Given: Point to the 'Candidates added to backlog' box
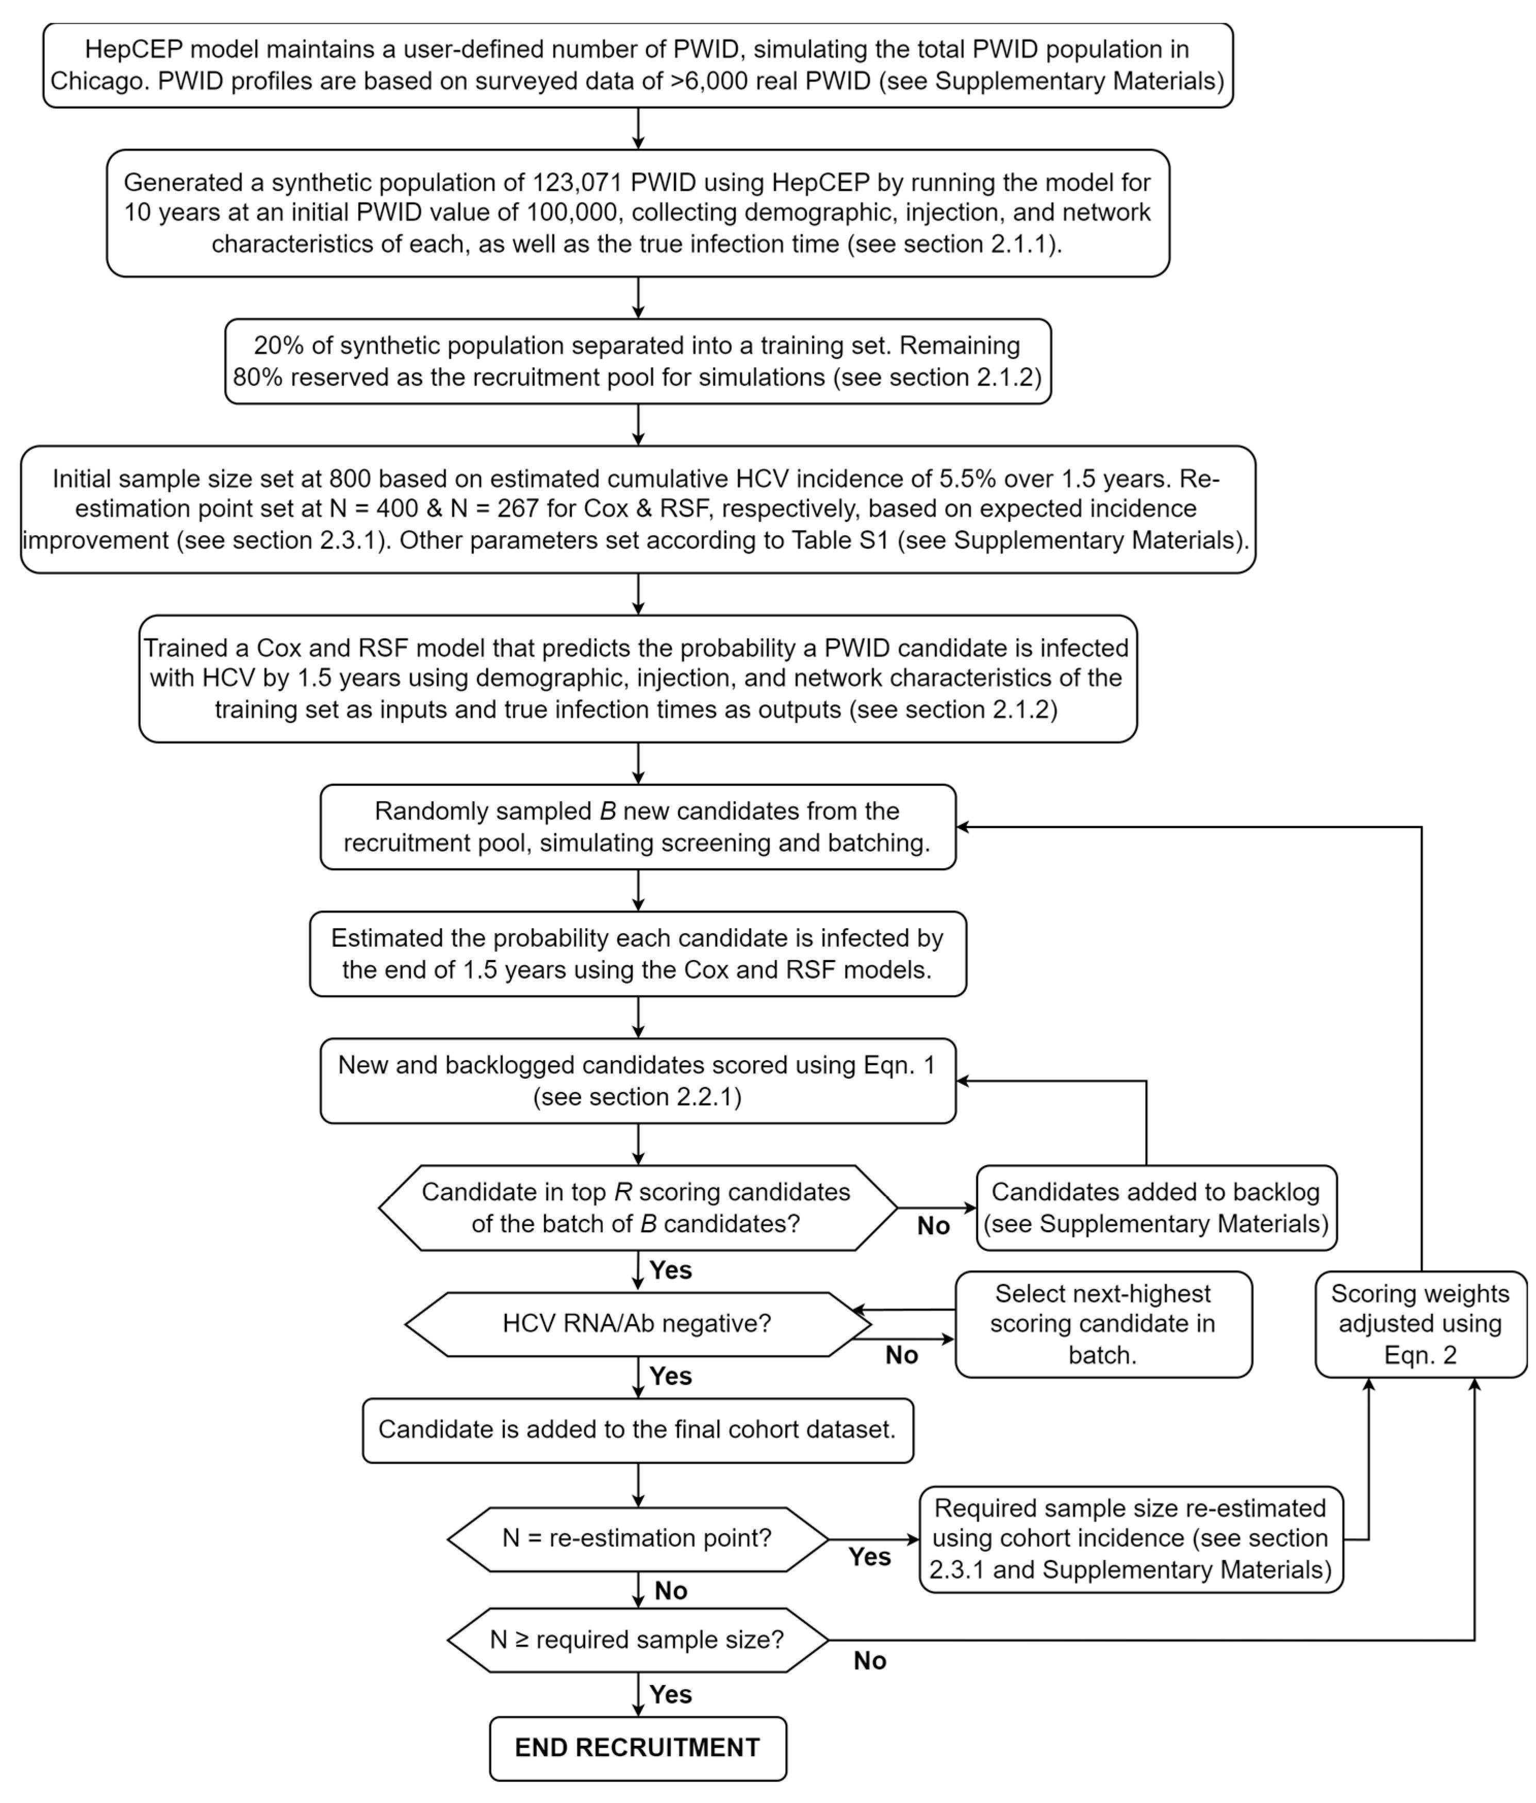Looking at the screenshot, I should (1155, 1208).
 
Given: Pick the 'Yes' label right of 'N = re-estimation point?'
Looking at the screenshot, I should (869, 1557).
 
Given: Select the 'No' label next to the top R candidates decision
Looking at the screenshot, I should (933, 1226).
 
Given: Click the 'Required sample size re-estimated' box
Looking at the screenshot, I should (1130, 1539).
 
